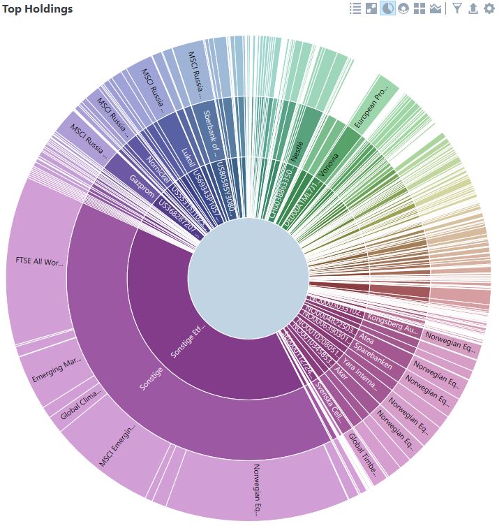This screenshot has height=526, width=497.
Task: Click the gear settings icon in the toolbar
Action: pos(489,8)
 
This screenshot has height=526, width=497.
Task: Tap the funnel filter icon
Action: pos(457,8)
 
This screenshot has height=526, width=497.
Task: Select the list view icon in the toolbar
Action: pos(355,8)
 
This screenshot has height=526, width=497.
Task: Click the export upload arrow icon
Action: pos(473,8)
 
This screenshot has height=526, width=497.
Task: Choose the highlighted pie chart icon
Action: pos(387,8)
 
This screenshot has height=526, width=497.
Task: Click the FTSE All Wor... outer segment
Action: pos(40,262)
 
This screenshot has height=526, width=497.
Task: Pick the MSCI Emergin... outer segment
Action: pos(115,444)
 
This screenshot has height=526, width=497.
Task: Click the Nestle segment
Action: pos(298,150)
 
